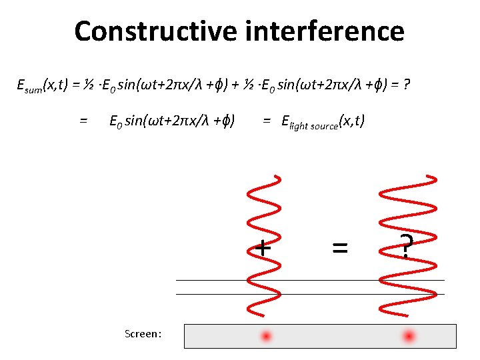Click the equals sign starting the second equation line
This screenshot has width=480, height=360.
pos(83,121)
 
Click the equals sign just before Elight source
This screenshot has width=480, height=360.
pos(267,121)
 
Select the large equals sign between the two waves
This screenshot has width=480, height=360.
pos(340,248)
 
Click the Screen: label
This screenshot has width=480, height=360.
pos(143,333)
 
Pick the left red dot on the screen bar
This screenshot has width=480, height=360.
pos(267,336)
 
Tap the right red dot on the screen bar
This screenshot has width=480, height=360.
pos(409,336)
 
